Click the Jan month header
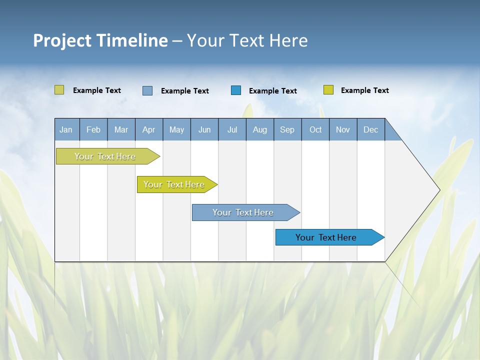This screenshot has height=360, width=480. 66,129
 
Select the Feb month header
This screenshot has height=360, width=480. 93,129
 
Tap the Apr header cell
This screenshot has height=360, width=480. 149,129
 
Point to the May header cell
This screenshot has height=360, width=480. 176,129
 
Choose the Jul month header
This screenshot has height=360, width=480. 232,129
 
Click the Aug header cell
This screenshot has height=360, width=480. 260,129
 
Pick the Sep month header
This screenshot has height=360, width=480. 287,129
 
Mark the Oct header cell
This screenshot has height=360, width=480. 315,129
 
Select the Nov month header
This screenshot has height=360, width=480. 343,129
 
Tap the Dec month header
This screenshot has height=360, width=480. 371,129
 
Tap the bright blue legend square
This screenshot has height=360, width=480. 236,90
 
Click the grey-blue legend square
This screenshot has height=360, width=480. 147,90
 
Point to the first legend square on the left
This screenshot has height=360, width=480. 59,90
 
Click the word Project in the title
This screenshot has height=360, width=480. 62,40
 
